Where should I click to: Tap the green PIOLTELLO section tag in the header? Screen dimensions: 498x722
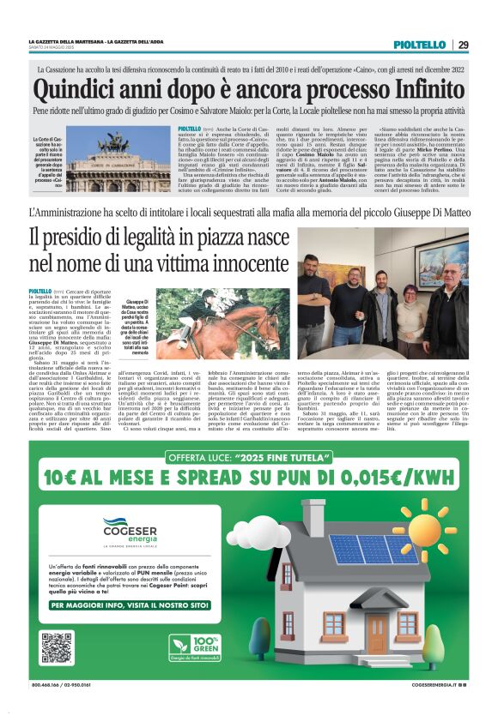coord(419,44)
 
